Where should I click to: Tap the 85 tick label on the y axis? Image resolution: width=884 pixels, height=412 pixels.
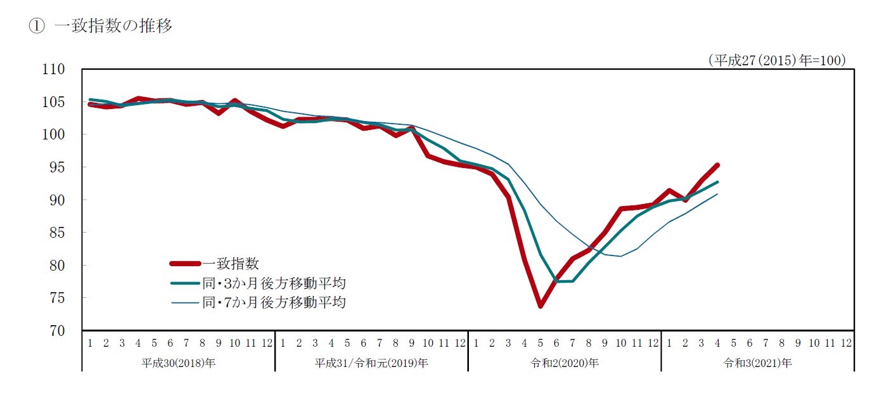[58, 233]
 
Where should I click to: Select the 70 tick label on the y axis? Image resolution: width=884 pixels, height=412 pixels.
[58, 331]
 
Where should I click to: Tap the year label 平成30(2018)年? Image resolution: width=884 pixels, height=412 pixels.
[178, 363]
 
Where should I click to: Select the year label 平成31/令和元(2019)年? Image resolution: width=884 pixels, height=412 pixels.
[371, 363]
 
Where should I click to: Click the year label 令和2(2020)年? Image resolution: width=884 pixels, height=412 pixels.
[565, 363]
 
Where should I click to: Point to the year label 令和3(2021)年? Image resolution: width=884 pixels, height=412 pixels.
[757, 363]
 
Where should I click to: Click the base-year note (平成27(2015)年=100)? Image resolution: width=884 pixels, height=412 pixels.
[777, 60]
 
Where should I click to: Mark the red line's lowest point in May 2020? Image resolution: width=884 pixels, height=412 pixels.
[541, 306]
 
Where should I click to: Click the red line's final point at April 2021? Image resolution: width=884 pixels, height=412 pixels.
[717, 165]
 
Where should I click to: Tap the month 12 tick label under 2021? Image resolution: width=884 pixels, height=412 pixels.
[845, 344]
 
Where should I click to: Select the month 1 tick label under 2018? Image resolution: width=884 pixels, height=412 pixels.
[90, 344]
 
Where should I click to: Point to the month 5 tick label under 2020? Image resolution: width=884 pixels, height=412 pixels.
[541, 344]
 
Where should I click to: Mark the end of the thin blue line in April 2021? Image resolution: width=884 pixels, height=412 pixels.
[717, 194]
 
